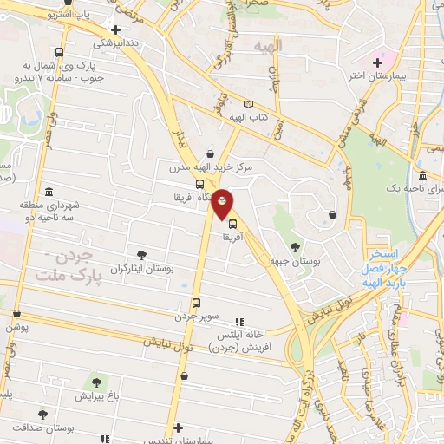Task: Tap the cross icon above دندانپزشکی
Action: pos(114,29)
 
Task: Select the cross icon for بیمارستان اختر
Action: pos(378,62)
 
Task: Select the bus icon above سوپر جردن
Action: pos(197,304)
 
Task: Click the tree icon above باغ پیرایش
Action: pos(96,382)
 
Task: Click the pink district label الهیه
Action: pos(263,44)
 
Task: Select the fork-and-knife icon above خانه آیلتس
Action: pos(239,321)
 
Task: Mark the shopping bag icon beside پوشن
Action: pos(15,314)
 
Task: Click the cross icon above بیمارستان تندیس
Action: pos(178,428)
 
